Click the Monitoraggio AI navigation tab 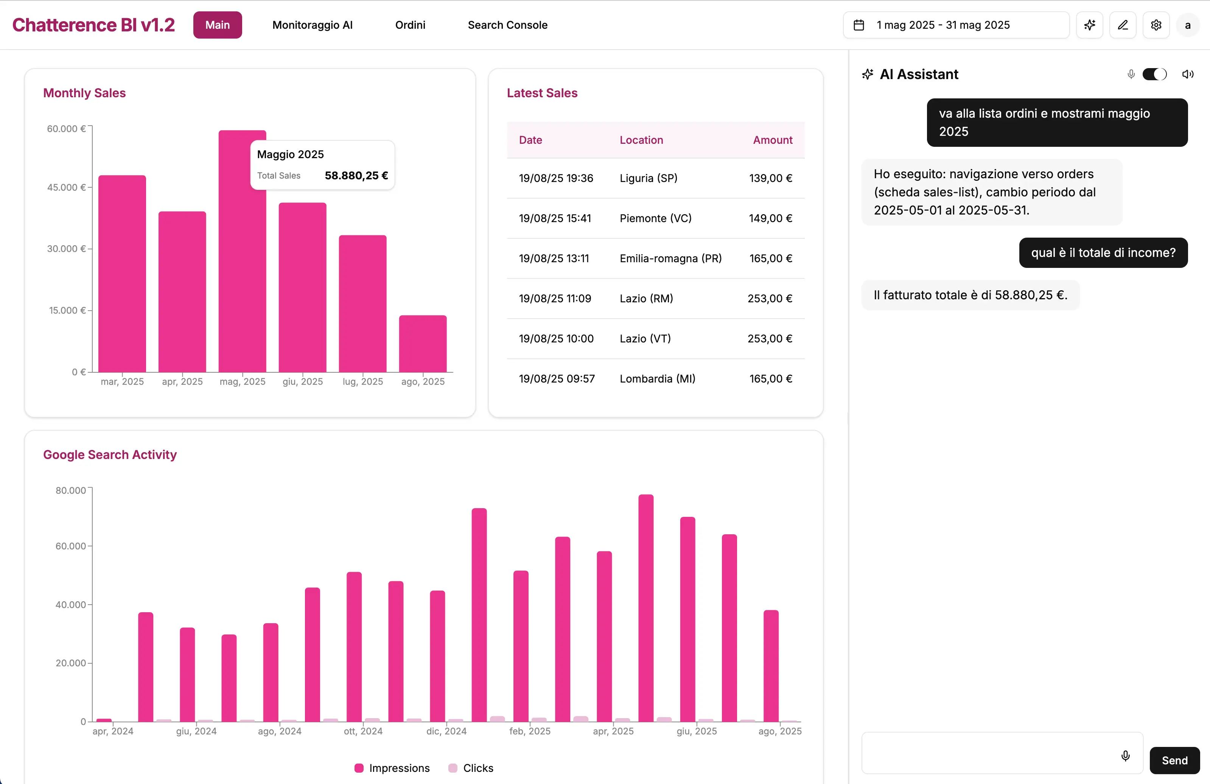point(312,25)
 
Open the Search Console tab point(507,25)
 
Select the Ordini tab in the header point(410,25)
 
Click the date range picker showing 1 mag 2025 point(955,25)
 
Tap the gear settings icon point(1156,25)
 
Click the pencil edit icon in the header point(1123,25)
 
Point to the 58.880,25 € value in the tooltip point(356,176)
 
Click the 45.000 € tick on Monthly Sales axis point(66,187)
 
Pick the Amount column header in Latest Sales point(772,140)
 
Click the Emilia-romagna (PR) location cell point(670,258)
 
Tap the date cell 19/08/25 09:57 point(556,379)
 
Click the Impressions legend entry point(392,768)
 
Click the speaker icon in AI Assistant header point(1188,74)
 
